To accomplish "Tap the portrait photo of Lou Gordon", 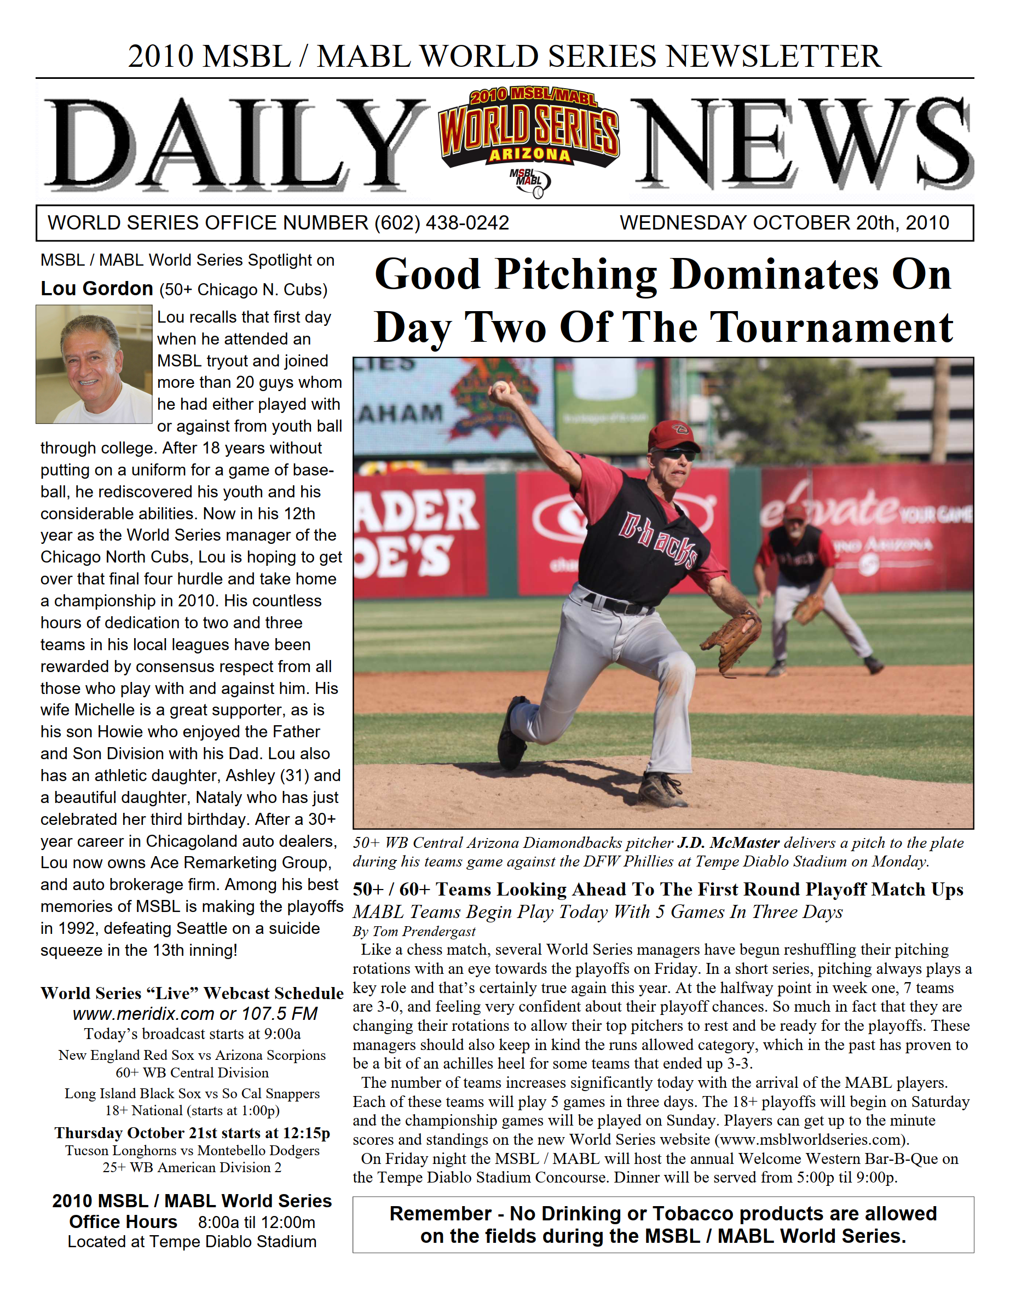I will (94, 364).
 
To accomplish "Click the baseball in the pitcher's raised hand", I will (500, 388).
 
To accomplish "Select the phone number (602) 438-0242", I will (441, 223).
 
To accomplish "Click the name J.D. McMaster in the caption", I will (728, 842).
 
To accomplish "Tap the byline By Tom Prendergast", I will (414, 931).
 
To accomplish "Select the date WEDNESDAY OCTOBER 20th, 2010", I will (784, 223).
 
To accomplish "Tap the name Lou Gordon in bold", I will (96, 289).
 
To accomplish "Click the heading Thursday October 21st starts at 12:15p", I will (192, 1133).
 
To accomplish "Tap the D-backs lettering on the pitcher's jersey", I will (659, 539).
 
